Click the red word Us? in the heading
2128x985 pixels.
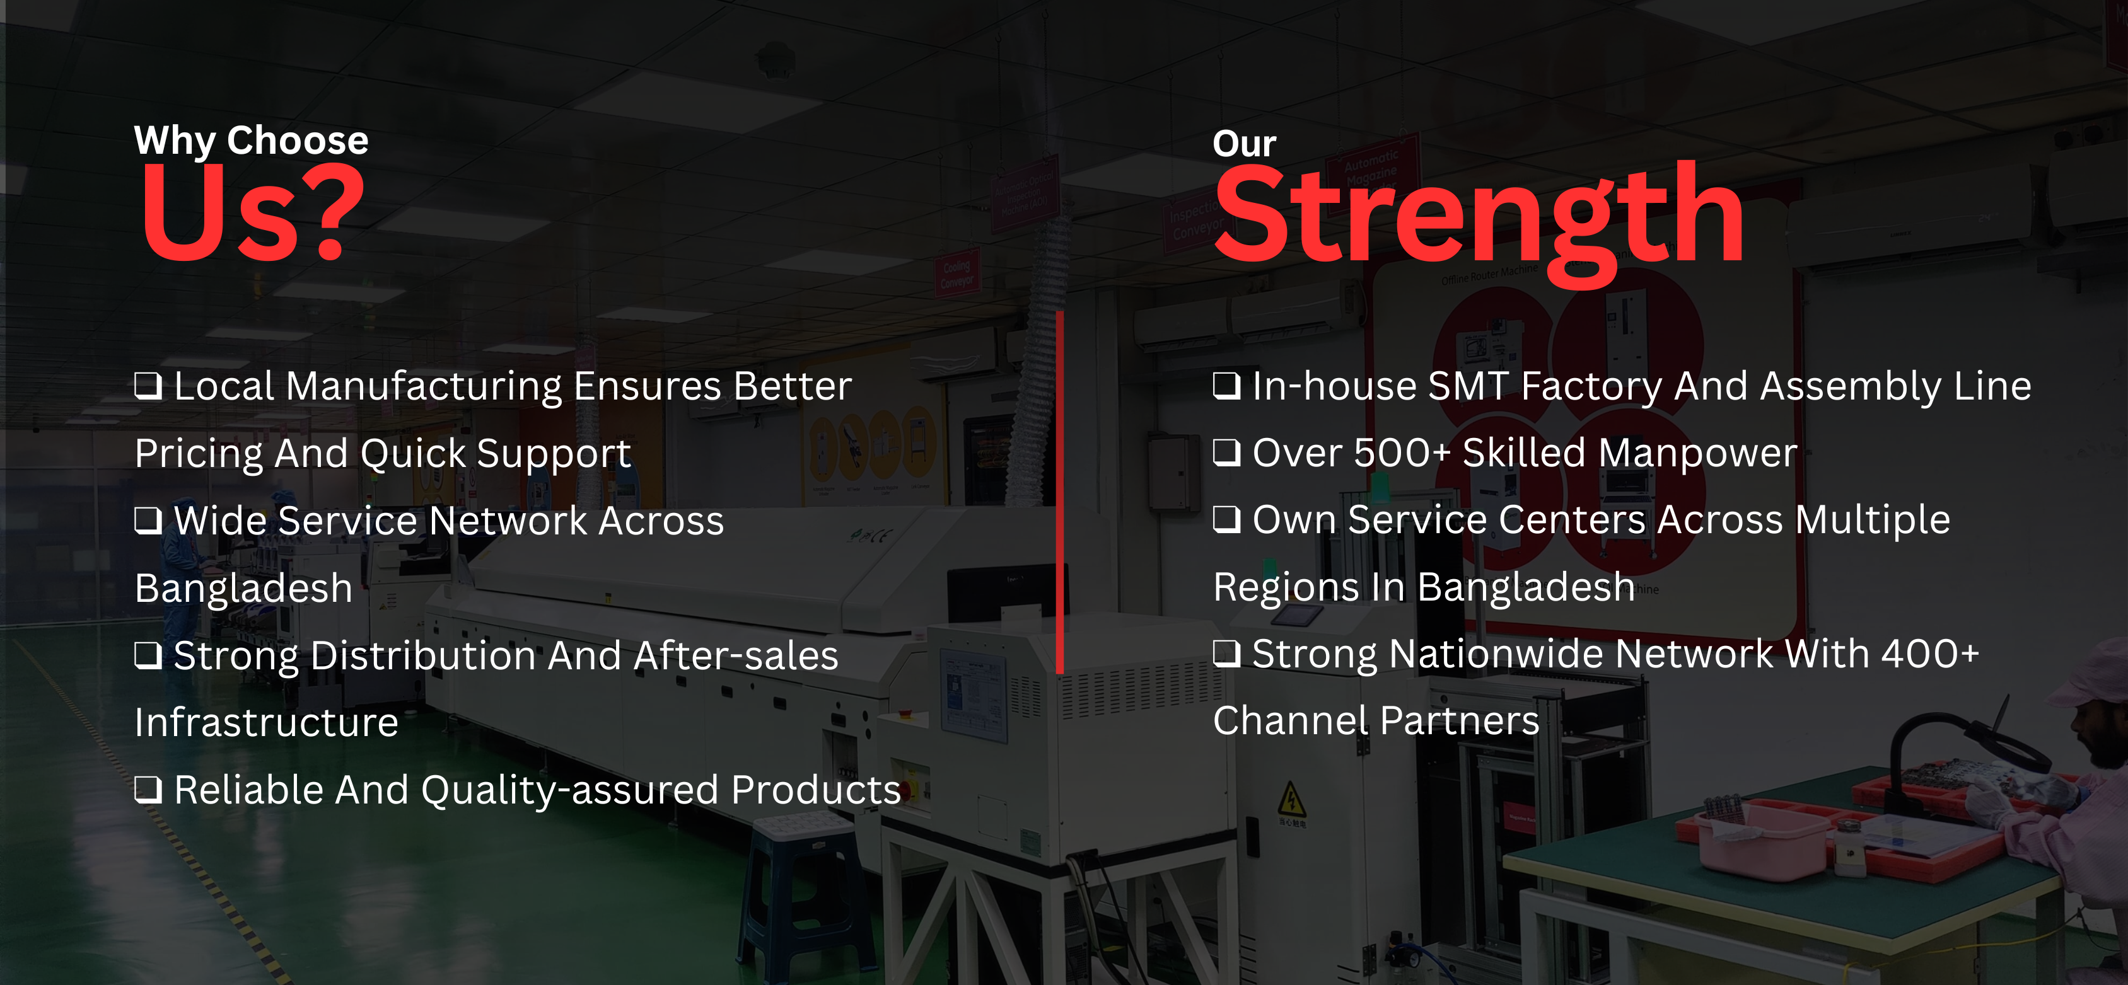coord(252,213)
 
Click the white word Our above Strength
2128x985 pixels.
coord(1244,144)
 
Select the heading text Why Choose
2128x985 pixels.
coord(251,141)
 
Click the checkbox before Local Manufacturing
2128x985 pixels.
coord(149,386)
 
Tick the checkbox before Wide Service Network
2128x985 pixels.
coord(149,520)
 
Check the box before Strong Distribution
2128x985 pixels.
coord(149,655)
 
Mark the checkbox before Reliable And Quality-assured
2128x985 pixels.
coord(149,789)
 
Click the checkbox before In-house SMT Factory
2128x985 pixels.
coord(1227,385)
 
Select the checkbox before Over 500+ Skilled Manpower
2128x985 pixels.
coord(1227,452)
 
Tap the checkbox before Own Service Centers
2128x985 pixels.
coord(1227,519)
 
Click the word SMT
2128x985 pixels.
coord(1468,386)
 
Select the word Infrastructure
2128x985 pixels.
coord(267,722)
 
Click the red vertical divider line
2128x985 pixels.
coord(1060,492)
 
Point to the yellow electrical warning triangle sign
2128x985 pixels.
coord(1292,799)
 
